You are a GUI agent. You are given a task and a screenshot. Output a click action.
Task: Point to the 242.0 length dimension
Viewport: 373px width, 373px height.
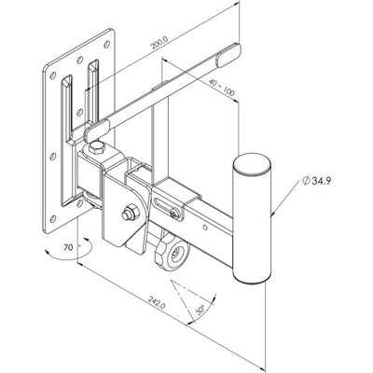pos(156,301)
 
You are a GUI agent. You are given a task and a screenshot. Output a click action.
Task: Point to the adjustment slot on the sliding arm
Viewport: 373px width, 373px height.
pos(173,204)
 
